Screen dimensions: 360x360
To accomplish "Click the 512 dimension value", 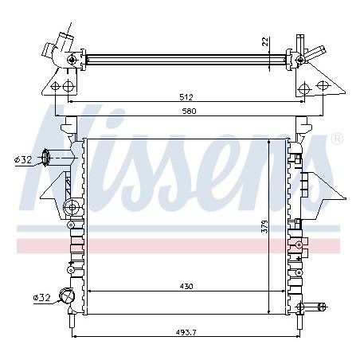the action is tap(186, 97).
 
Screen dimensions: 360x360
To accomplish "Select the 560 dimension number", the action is tap(189, 111).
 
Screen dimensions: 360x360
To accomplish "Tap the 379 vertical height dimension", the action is tap(264, 226).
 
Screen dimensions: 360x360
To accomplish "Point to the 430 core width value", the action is tap(186, 287).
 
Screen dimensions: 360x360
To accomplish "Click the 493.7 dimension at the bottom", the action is tap(186, 332).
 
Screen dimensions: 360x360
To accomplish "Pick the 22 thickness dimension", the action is tap(265, 41).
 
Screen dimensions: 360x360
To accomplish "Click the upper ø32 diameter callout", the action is tap(23, 159).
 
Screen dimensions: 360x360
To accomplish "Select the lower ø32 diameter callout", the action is tap(41, 298).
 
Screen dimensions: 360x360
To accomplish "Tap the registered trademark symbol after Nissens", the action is tap(338, 139).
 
